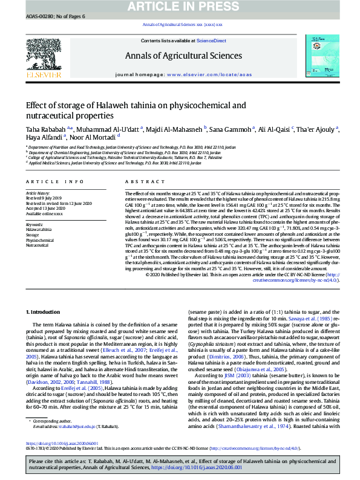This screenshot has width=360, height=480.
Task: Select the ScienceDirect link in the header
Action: pyautogui.click(x=211, y=41)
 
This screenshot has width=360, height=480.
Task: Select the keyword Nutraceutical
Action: pyautogui.click(x=36, y=245)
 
